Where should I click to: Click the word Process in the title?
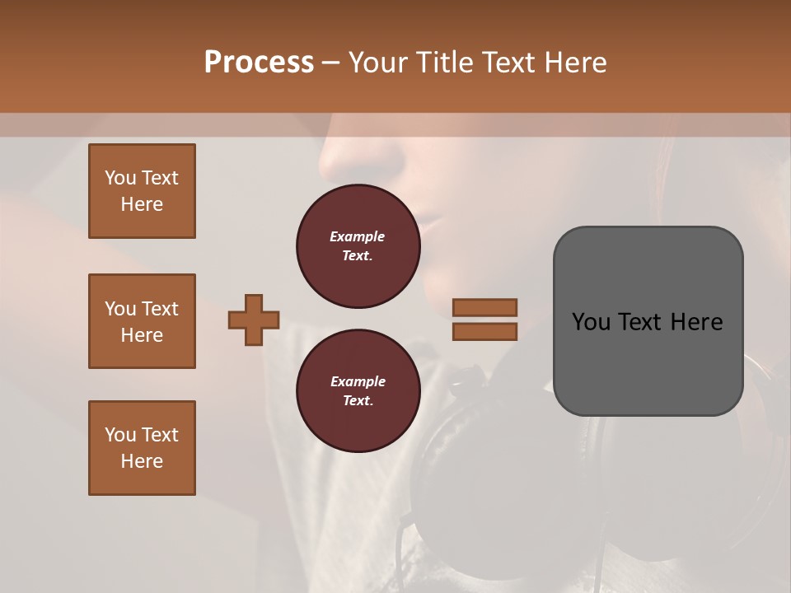pos(259,63)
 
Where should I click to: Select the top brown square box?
pos(142,191)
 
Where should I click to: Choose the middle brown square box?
pos(142,321)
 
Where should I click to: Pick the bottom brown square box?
pos(142,448)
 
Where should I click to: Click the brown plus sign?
pos(254,320)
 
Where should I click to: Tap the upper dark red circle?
pos(358,246)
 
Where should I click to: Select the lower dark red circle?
pos(358,391)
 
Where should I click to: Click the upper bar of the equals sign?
pos(484,307)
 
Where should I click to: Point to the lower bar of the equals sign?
pos(484,332)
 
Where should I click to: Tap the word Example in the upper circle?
pos(358,236)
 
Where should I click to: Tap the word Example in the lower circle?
pos(358,381)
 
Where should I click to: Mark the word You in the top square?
pos(120,178)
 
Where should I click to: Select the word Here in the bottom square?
pos(142,461)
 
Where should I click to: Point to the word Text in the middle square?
pos(160,309)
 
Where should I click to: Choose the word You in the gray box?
pos(590,322)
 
